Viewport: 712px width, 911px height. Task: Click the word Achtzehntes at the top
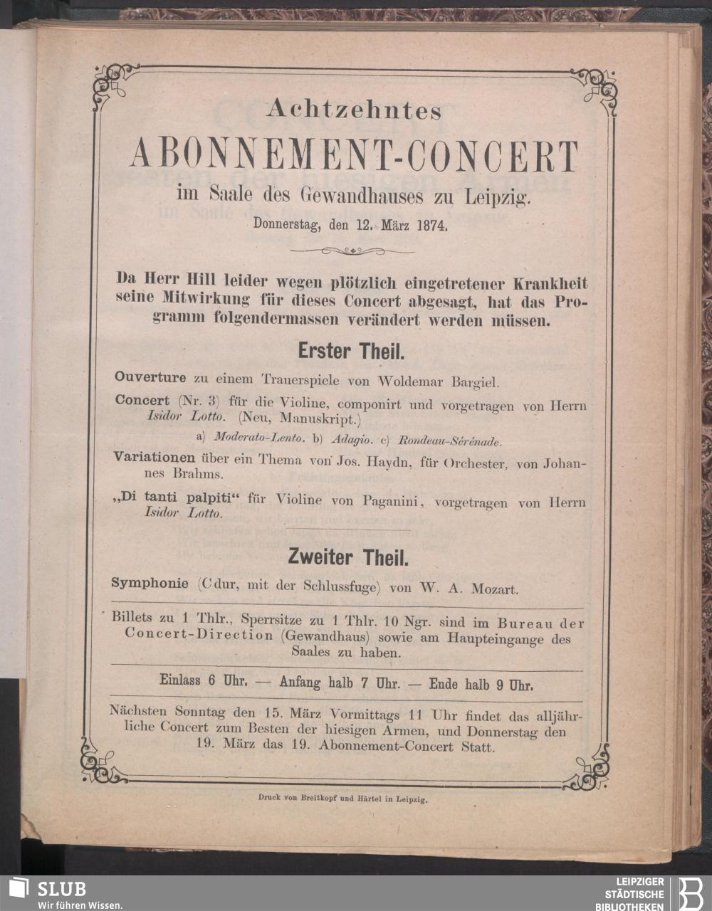pos(354,110)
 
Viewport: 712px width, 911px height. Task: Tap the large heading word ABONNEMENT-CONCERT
pos(354,156)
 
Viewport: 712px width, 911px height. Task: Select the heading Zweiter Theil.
pos(348,558)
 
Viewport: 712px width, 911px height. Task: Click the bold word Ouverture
pos(150,377)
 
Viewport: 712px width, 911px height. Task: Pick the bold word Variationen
pos(155,458)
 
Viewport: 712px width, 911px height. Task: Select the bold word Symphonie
pos(150,584)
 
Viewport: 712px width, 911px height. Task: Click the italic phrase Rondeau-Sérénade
pos(450,441)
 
